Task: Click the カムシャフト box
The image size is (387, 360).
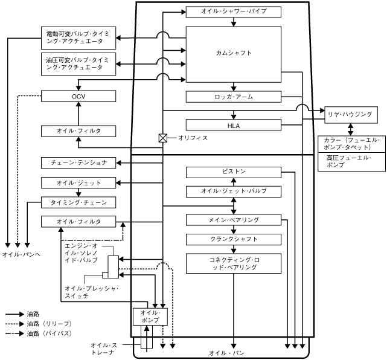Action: [x=233, y=53]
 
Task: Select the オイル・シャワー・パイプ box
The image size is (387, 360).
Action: [x=234, y=11]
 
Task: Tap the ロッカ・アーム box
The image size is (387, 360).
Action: [x=234, y=97]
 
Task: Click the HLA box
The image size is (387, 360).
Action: [x=234, y=124]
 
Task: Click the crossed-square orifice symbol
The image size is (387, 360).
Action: [x=162, y=138]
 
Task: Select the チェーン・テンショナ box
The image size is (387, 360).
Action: [x=79, y=162]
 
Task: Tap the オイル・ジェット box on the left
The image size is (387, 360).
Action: [x=79, y=182]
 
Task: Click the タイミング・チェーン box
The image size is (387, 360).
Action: [x=79, y=202]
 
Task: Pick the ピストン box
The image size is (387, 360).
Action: [x=234, y=172]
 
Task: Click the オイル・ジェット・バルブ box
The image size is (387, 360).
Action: [x=234, y=191]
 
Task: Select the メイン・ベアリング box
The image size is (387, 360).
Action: [x=234, y=219]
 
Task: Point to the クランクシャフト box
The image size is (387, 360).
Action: [x=234, y=239]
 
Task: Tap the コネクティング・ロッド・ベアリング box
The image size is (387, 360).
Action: [x=234, y=263]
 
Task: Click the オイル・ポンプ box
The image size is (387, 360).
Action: [x=149, y=316]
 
